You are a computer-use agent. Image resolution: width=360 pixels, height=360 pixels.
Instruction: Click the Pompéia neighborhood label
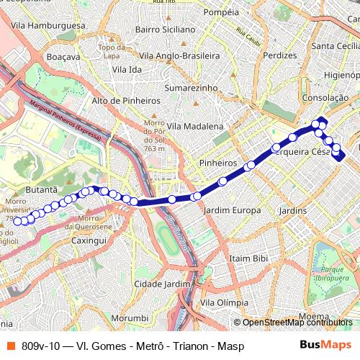pyautogui.click(x=221, y=12)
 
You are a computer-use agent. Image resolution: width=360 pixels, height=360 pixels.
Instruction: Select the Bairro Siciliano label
pyautogui.click(x=165, y=30)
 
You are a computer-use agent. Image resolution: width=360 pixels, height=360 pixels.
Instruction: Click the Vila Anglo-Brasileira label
pyautogui.click(x=179, y=55)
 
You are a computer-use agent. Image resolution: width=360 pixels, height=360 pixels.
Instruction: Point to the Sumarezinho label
pyautogui.click(x=191, y=86)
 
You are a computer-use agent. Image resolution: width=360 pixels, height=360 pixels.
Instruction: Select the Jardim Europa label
pyautogui.click(x=232, y=210)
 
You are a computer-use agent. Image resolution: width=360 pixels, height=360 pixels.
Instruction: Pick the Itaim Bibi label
pyautogui.click(x=248, y=258)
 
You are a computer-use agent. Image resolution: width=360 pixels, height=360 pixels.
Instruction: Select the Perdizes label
pyautogui.click(x=280, y=55)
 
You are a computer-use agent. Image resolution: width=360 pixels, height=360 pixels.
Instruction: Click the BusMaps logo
pyautogui.click(x=326, y=346)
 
